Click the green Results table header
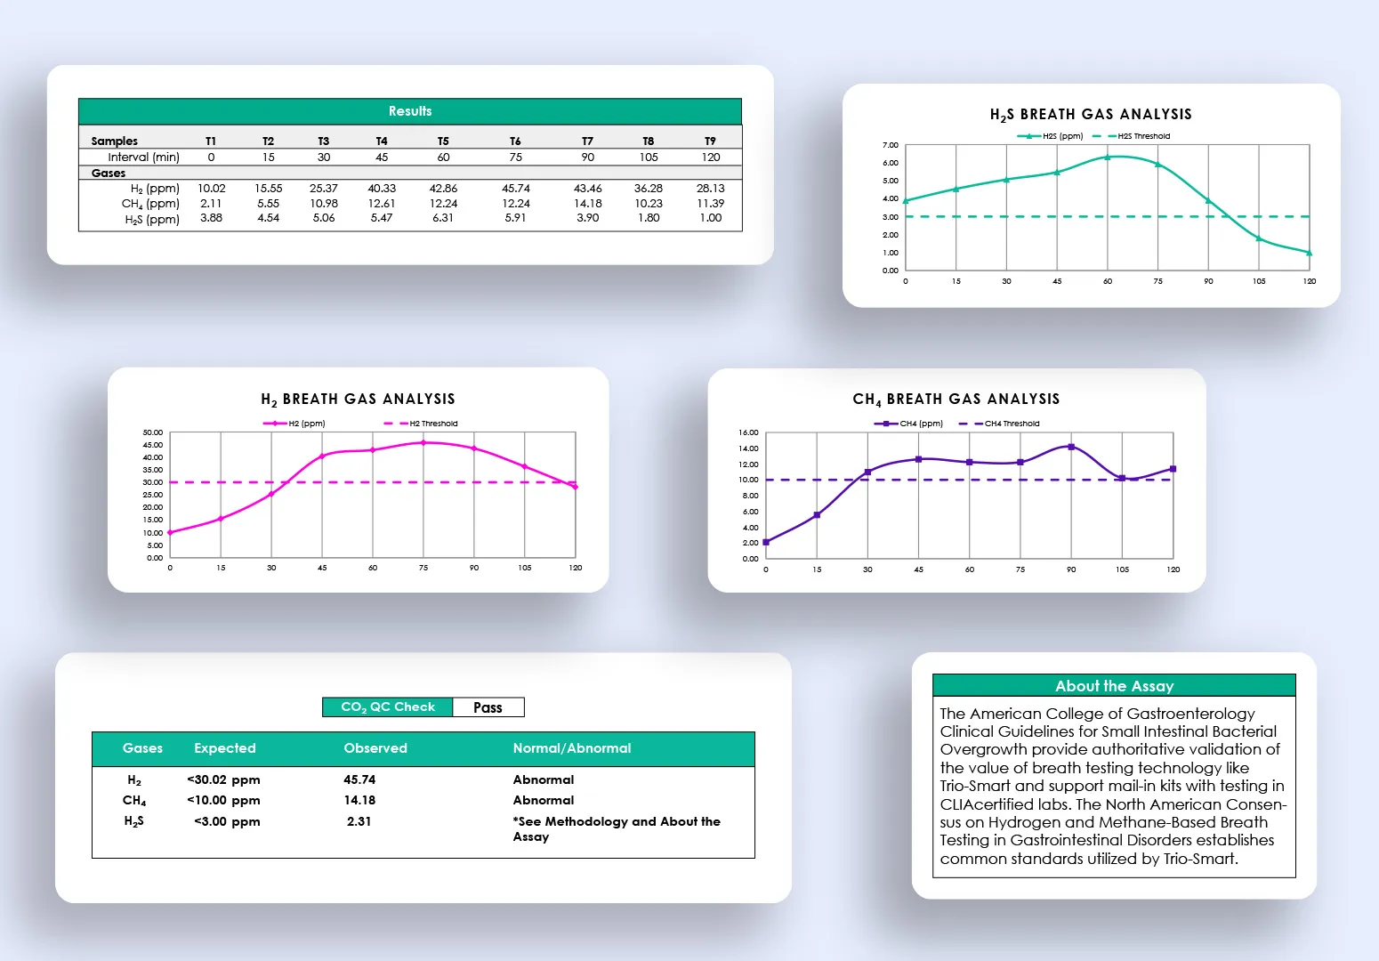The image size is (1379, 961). (410, 111)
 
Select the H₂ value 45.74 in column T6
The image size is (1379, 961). (515, 189)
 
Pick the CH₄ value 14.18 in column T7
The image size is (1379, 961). (587, 203)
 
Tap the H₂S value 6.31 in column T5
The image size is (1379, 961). (442, 218)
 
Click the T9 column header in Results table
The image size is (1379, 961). (710, 141)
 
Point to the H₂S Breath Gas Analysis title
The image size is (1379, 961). (1091, 115)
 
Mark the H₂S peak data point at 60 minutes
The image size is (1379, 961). (1108, 157)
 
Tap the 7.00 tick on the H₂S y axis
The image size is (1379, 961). (890, 145)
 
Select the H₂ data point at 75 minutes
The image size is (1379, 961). (423, 442)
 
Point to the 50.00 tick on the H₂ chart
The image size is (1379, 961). (153, 432)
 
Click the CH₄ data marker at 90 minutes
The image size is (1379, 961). (1071, 447)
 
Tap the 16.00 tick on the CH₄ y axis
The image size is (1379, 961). (748, 432)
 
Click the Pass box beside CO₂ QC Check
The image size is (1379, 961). (488, 707)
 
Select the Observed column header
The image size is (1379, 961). (375, 748)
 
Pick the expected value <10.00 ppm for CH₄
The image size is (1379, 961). (223, 800)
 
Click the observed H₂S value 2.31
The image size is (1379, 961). (359, 821)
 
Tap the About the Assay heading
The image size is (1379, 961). (1114, 686)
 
